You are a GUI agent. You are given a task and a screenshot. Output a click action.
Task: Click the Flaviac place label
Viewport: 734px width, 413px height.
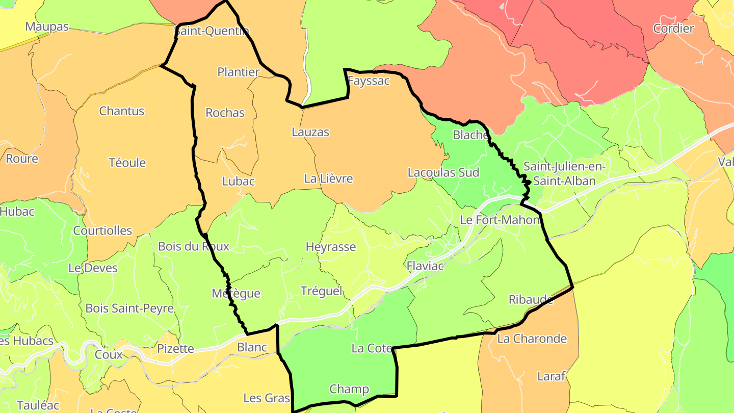tap(425, 266)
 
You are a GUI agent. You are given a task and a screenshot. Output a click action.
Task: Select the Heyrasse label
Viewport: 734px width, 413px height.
tap(330, 247)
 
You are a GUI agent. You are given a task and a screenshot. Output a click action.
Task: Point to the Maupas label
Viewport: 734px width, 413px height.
tap(47, 27)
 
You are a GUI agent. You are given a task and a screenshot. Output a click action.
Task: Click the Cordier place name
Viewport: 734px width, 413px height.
tap(673, 29)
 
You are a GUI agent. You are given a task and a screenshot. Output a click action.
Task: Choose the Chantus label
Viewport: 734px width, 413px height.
tap(122, 111)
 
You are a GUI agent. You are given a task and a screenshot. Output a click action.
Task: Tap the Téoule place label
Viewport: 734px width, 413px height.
tap(127, 163)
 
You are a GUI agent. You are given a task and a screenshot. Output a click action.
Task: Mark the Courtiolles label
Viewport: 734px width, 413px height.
tap(102, 230)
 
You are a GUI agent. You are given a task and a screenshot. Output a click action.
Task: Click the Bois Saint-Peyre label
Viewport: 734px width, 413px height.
tap(129, 308)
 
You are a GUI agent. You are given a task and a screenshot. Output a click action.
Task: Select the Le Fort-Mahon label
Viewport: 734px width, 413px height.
tap(500, 220)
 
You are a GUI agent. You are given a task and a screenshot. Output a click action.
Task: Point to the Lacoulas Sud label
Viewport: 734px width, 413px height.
tap(443, 172)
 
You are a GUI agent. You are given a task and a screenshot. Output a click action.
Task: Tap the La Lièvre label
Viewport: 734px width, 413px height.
tap(328, 178)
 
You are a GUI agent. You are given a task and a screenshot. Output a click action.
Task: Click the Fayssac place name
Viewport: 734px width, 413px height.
tap(369, 81)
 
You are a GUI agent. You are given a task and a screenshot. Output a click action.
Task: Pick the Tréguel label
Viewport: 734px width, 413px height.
tap(322, 291)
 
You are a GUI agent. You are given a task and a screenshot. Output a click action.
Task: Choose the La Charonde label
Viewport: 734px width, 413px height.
tap(532, 339)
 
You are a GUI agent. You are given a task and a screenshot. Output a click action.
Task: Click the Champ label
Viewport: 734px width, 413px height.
tap(349, 389)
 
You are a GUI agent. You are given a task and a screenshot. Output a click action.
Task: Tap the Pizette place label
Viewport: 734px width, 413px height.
tap(176, 349)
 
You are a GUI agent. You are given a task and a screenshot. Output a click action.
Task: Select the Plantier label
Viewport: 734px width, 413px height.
tap(239, 72)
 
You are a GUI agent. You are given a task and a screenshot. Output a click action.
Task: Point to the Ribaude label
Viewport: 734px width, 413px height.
tap(531, 299)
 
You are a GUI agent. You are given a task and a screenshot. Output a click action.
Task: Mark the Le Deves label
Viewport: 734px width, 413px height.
tap(93, 268)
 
